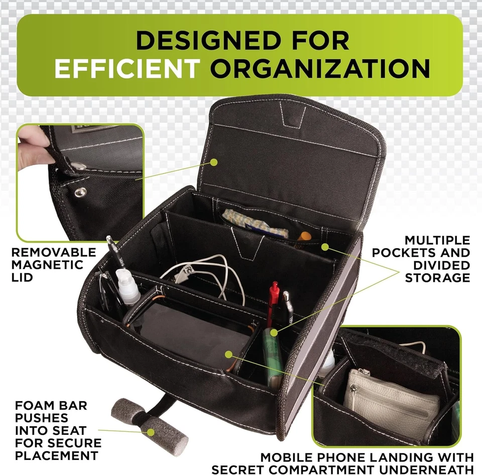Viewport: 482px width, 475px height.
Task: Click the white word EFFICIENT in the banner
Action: click(x=127, y=69)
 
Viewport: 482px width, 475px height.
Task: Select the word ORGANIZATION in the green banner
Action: click(x=320, y=69)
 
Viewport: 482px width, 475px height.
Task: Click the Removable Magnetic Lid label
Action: click(x=53, y=264)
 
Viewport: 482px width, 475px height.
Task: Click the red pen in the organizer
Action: click(x=273, y=301)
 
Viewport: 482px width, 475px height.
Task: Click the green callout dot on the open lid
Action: click(x=214, y=162)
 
